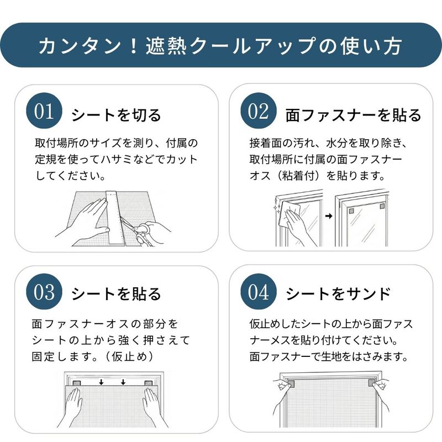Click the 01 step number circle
(44, 111)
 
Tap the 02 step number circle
(259, 111)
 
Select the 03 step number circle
(44, 292)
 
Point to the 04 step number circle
(259, 292)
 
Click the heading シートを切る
(116, 115)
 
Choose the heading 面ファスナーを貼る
(354, 115)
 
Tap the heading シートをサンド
(338, 294)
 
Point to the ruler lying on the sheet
(115, 218)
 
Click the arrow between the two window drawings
(329, 216)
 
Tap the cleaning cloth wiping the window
(288, 215)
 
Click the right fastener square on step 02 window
(382, 206)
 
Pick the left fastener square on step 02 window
(351, 211)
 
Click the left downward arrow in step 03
(101, 382)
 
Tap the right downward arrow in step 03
(123, 382)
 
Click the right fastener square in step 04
(372, 383)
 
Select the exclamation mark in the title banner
(134, 46)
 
